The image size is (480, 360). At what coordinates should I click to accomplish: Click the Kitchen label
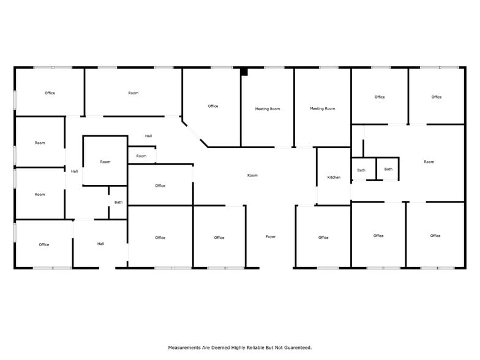[x=334, y=178]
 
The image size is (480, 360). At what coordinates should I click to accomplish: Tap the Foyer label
[x=271, y=237]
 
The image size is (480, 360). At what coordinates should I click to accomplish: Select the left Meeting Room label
[x=268, y=109]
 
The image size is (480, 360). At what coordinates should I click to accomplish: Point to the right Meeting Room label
[x=322, y=109]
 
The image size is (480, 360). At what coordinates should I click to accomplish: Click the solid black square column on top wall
[x=244, y=72]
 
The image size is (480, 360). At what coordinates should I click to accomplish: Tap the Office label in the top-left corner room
[x=50, y=93]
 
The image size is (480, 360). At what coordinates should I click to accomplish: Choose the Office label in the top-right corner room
[x=436, y=97]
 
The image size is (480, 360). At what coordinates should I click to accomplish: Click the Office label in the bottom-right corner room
[x=435, y=236]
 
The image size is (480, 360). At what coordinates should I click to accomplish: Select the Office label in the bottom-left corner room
[x=43, y=245]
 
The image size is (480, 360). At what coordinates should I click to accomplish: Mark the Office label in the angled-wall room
[x=213, y=107]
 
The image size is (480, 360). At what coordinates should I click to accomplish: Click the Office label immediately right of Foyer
[x=323, y=238]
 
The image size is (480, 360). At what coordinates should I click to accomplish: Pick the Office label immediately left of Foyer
[x=219, y=238]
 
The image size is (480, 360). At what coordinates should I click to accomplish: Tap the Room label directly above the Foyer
[x=252, y=176]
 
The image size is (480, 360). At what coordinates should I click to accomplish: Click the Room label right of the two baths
[x=429, y=162]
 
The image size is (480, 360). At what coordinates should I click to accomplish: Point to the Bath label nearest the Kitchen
[x=361, y=170]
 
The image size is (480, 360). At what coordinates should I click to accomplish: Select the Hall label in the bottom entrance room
[x=100, y=244]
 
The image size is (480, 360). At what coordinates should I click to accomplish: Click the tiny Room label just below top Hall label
[x=141, y=156]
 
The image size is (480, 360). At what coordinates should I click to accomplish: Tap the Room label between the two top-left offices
[x=133, y=93]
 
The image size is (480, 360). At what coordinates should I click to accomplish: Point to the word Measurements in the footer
[x=186, y=348]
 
